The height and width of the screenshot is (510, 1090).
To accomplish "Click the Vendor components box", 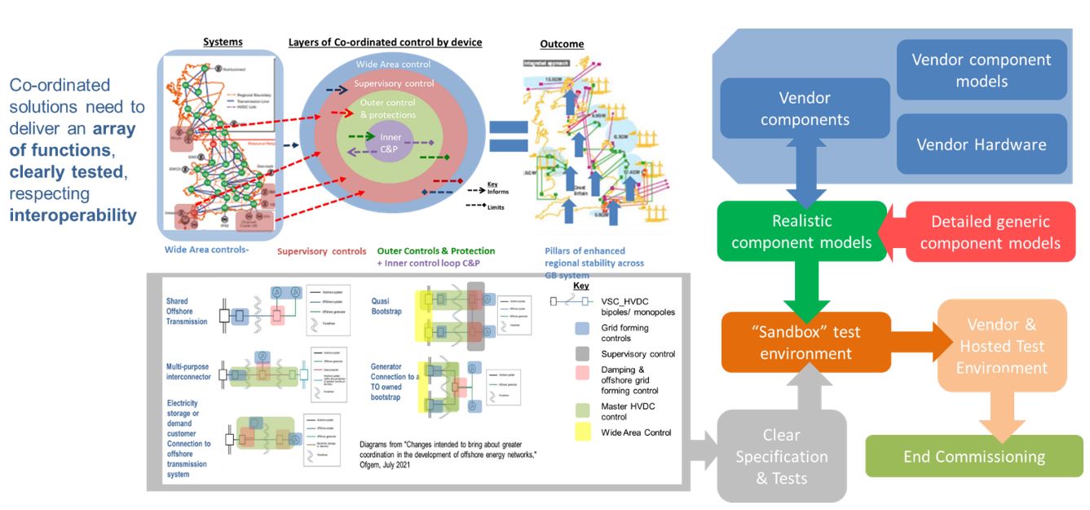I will (x=804, y=109).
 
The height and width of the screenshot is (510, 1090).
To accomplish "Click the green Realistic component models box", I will (x=801, y=232).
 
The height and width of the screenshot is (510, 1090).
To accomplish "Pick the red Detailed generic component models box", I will (x=990, y=232).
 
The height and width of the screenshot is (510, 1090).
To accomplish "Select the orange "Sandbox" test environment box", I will (x=805, y=343).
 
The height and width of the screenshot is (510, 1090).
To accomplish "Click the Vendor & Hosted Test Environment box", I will (x=1001, y=346).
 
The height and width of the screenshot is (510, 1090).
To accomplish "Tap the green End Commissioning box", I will (x=973, y=456).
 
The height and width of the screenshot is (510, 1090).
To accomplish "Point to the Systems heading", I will (x=223, y=42).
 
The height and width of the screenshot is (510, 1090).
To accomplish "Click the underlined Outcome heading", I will (x=562, y=44).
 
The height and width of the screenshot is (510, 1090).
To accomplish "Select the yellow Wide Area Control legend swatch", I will (x=583, y=432).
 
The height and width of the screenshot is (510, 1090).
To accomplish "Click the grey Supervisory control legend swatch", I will (x=583, y=354).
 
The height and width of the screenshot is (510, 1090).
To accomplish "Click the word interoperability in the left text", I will (x=73, y=215).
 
